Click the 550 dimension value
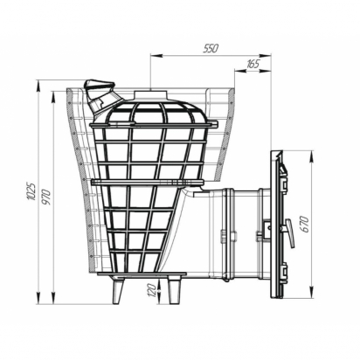point(211,49)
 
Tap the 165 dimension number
point(253,64)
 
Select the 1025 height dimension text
point(31,191)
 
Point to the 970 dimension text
point(46,197)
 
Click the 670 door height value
point(304,224)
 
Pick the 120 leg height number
point(152,290)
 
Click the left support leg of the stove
point(118,291)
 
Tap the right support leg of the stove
point(174,291)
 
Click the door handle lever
point(289,232)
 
